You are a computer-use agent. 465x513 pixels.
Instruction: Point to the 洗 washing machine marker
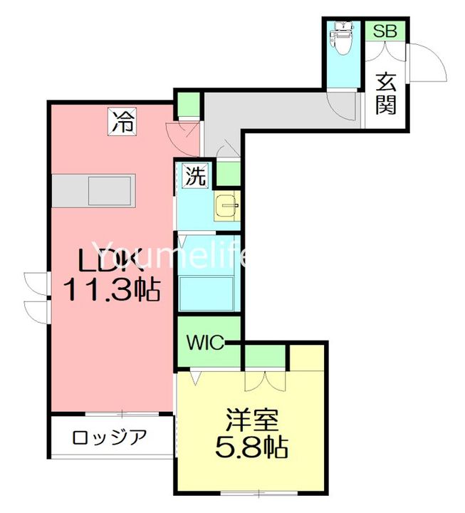coord(195,175)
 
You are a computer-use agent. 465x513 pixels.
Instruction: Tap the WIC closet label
coord(204,342)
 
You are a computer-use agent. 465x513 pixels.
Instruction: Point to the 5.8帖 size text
coord(252,447)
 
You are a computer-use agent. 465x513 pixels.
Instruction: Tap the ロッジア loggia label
coord(109,436)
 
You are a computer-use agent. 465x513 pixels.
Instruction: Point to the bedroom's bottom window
coord(251,493)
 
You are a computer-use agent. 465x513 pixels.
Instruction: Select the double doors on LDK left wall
coord(34,296)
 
